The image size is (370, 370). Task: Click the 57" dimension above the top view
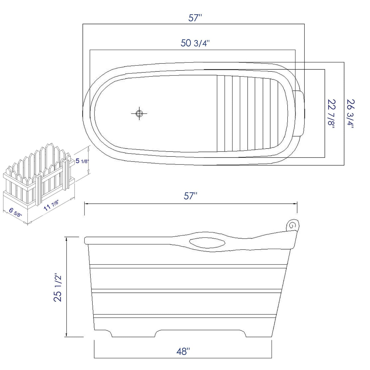195,18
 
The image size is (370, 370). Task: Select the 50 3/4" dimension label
195,43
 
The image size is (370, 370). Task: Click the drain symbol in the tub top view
139,113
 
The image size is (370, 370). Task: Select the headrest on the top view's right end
299,112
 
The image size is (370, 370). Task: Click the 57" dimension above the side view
191,196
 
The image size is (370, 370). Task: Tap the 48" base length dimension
183,352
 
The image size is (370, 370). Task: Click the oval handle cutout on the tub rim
207,243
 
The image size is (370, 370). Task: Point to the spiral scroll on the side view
292,225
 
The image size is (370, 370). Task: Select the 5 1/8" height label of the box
81,161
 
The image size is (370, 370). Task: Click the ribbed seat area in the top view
243,113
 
